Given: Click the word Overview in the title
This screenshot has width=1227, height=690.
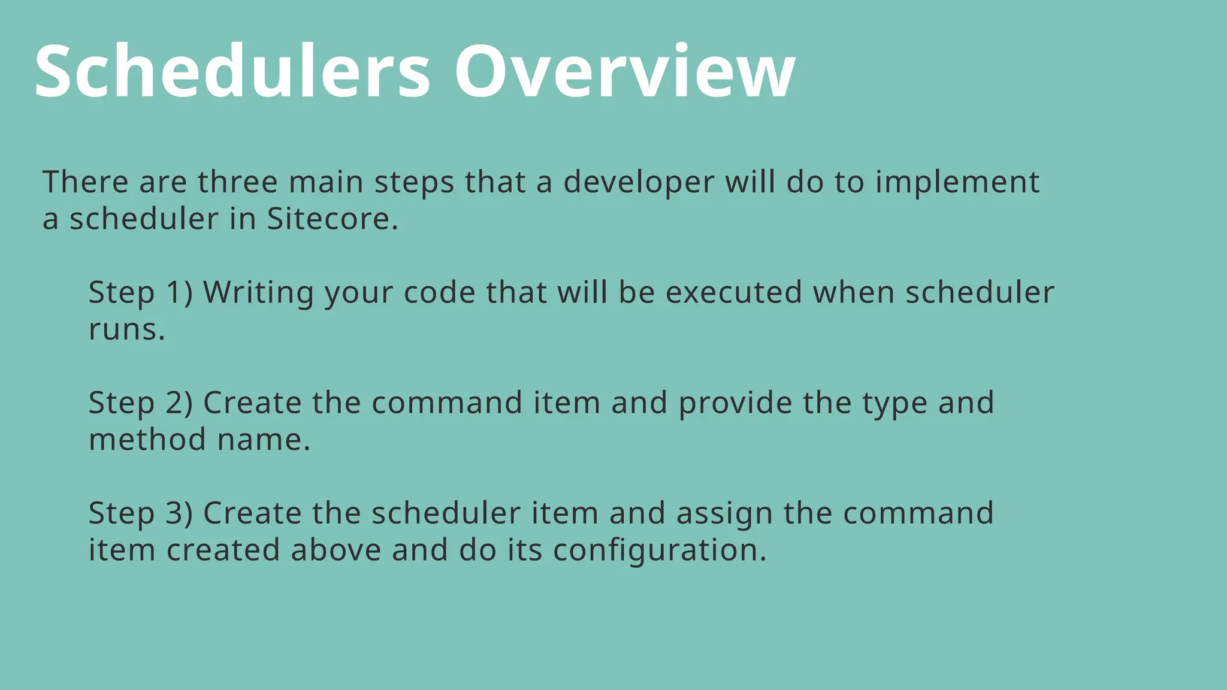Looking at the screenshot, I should pyautogui.click(x=625, y=72).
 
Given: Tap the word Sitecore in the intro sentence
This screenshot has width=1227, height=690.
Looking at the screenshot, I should pyautogui.click(x=333, y=219).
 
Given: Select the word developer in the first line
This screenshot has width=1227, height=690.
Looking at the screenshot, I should pyautogui.click(x=639, y=183).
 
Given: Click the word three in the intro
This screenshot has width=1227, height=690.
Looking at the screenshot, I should pyautogui.click(x=238, y=182).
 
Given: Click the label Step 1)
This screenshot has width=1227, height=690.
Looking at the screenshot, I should pyautogui.click(x=141, y=293).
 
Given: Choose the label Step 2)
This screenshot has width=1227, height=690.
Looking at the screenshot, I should pyautogui.click(x=141, y=403).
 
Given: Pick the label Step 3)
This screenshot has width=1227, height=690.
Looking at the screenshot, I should pyautogui.click(x=141, y=513).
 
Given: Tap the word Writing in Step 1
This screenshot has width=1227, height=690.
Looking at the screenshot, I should pyautogui.click(x=258, y=293).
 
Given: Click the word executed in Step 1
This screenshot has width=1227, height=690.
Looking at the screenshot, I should pyautogui.click(x=733, y=293).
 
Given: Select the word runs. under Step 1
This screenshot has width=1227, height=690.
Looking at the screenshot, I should pyautogui.click(x=127, y=330).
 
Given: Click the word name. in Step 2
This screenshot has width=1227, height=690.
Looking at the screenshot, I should pyautogui.click(x=264, y=440).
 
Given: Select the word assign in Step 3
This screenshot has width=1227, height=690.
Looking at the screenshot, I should pyautogui.click(x=724, y=515).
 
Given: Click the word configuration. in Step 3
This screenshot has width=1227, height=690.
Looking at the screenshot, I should pyautogui.click(x=660, y=551).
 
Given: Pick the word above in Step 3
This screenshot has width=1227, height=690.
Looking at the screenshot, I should pyautogui.click(x=336, y=550).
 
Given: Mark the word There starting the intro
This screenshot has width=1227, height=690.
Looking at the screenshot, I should pyautogui.click(x=85, y=182).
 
